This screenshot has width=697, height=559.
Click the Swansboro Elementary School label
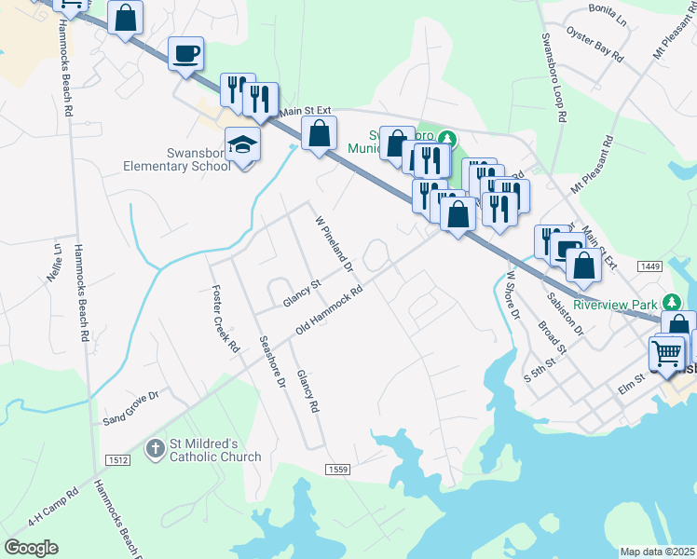[177, 159]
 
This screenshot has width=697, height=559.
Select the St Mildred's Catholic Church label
[214, 450]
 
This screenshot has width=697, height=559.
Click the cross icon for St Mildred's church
[156, 450]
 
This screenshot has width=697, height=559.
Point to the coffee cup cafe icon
[185, 53]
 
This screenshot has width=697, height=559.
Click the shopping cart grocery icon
[667, 354]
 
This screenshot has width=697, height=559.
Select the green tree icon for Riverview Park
[671, 303]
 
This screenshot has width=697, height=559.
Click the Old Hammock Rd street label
[328, 312]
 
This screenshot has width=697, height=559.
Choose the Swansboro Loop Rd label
[553, 79]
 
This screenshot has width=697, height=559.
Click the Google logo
[31, 547]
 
